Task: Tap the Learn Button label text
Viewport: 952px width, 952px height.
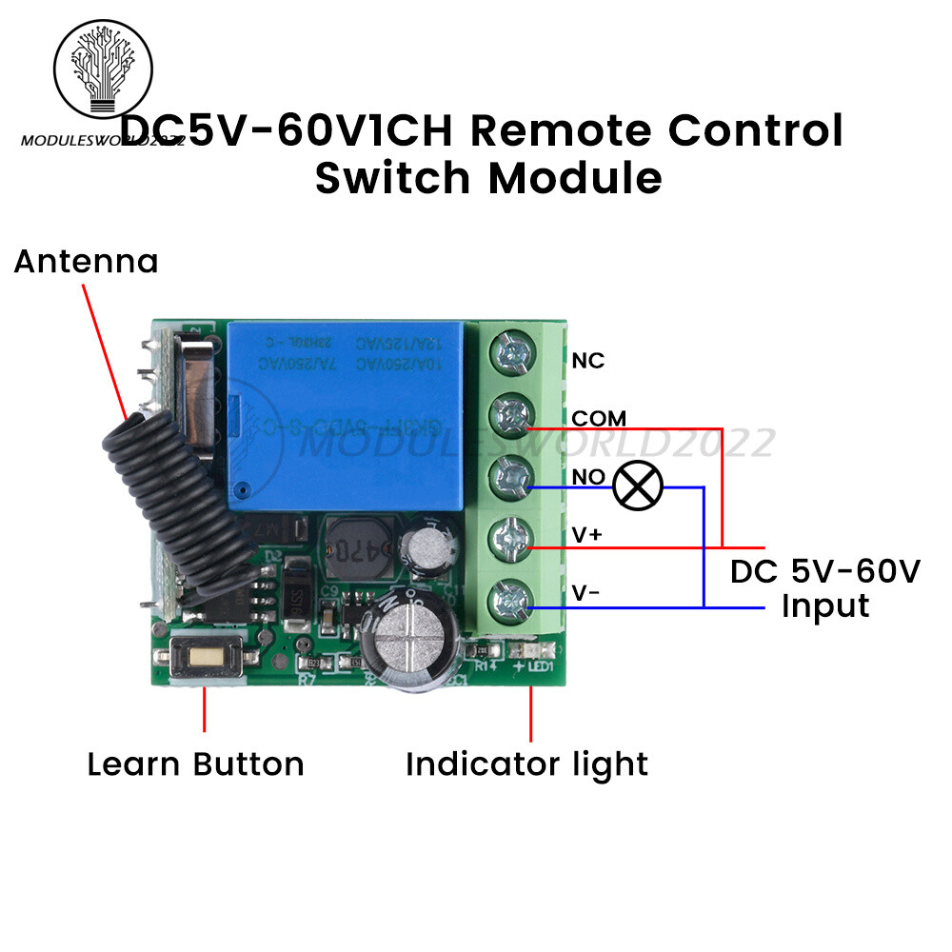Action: click(x=195, y=764)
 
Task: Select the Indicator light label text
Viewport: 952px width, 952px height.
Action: click(x=526, y=764)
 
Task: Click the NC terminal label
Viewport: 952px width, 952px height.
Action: click(x=587, y=361)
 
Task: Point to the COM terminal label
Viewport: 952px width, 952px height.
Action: click(x=599, y=418)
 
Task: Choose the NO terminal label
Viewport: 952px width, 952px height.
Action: click(x=587, y=477)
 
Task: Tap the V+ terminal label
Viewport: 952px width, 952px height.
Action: click(x=586, y=536)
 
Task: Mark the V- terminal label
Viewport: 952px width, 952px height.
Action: click(x=585, y=594)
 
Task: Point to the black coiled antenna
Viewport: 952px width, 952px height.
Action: click(x=171, y=505)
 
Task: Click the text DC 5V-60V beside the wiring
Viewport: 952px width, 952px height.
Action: click(x=824, y=571)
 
